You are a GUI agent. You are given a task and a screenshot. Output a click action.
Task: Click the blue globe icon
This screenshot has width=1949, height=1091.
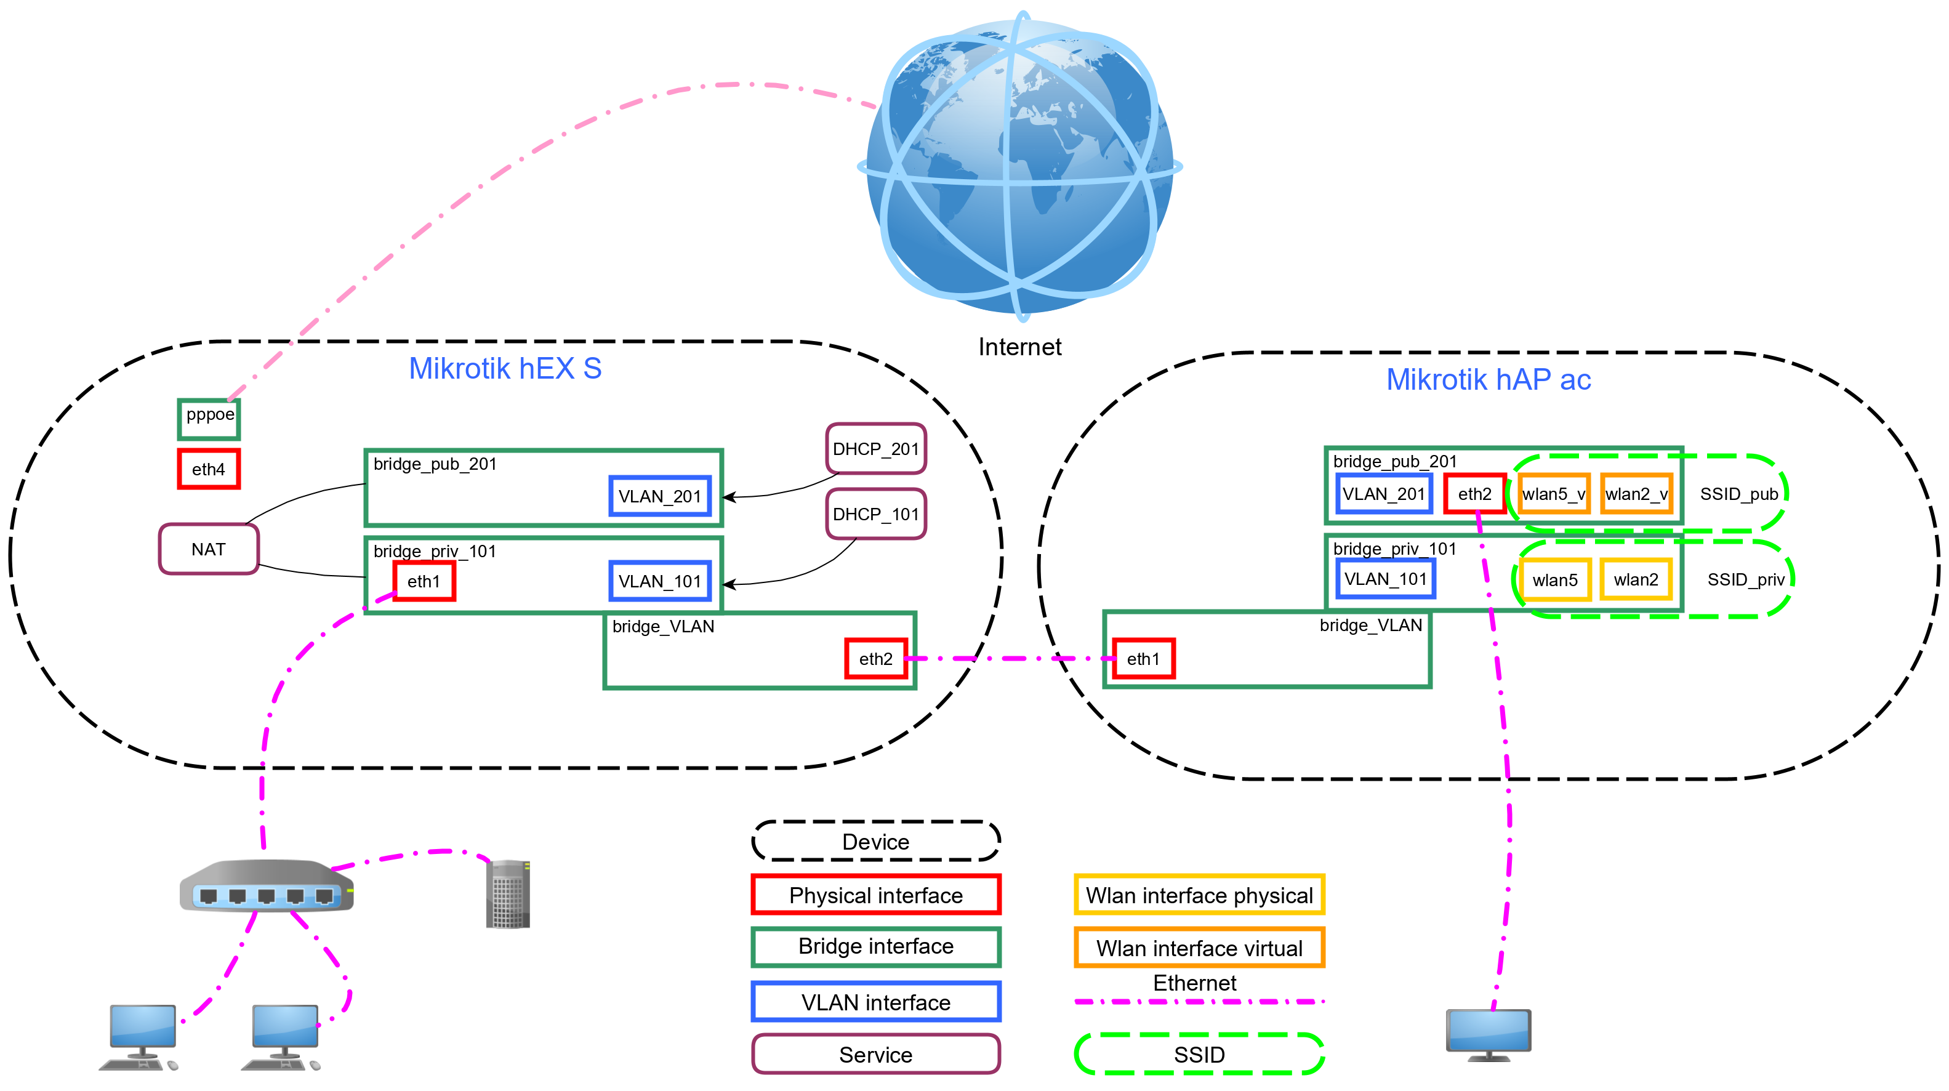(x=1020, y=166)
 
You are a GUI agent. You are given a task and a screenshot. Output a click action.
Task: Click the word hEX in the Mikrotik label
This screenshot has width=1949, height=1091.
(x=546, y=368)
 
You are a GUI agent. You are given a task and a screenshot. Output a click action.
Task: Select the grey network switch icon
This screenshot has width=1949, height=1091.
(x=267, y=886)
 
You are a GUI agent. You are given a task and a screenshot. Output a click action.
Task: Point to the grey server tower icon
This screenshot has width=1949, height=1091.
(x=508, y=893)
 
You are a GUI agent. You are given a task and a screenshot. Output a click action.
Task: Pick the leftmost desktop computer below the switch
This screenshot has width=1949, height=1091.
(x=141, y=1037)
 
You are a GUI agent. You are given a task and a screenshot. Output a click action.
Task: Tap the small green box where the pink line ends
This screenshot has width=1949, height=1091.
(x=209, y=419)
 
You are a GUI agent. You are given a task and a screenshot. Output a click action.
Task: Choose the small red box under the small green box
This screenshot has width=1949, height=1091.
(x=209, y=469)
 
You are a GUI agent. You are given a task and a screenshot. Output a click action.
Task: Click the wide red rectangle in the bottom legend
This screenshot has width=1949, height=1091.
(x=876, y=893)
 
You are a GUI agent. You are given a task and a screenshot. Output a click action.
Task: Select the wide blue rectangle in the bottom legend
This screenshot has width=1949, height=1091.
(x=876, y=1001)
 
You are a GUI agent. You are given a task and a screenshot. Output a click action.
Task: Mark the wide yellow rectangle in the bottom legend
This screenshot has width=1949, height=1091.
(x=1199, y=893)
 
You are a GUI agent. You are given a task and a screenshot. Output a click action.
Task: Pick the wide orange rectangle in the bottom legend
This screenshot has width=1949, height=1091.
(x=1199, y=946)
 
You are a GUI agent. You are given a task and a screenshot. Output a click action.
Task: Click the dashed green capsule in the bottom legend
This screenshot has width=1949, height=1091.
(x=1199, y=1053)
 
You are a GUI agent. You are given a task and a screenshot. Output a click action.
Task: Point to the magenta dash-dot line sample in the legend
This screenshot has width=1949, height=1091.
(x=1199, y=1001)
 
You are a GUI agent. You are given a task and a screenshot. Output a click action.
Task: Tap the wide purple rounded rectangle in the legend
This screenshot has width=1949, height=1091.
(x=876, y=1053)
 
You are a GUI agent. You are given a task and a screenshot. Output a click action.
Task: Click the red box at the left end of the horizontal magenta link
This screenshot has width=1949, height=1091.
(x=876, y=658)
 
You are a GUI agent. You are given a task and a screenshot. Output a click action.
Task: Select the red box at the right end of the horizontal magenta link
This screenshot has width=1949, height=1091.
(x=1144, y=658)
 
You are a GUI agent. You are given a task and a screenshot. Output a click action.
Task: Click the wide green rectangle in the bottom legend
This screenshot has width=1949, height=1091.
(x=876, y=946)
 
